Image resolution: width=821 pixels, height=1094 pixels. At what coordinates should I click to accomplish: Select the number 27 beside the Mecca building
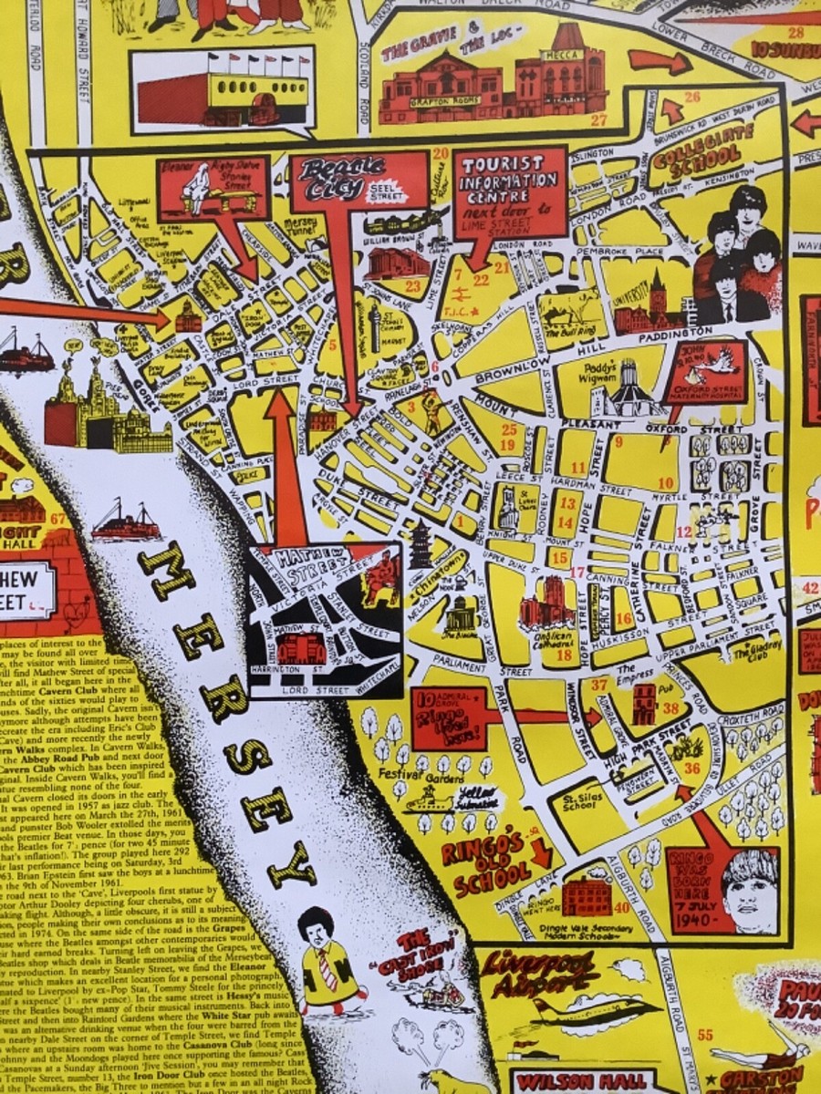pos(598,119)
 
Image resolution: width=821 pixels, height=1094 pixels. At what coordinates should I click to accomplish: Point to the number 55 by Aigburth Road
pos(704,1034)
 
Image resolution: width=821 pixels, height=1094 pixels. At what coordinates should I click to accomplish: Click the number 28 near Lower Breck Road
pos(795,34)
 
